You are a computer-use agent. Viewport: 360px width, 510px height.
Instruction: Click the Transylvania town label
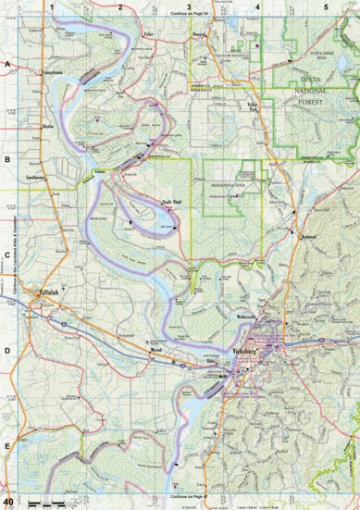[49, 70]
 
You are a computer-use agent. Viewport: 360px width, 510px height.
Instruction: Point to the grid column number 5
[326, 6]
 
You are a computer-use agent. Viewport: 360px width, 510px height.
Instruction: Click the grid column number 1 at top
[54, 6]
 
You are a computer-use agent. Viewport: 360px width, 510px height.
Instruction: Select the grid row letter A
[7, 64]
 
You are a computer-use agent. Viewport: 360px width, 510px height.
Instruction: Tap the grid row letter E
[7, 447]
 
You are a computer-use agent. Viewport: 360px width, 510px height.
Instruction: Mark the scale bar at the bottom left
[46, 502]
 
